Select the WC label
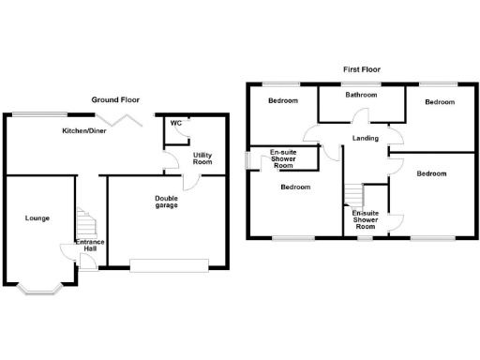(176, 123)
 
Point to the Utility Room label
(203, 157)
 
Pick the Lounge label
(37, 217)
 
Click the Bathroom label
(360, 95)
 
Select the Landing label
(366, 139)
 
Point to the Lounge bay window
(37, 289)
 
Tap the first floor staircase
(352, 195)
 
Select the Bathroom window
(360, 83)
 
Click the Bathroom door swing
(359, 116)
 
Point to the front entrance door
(87, 259)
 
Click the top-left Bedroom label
(283, 100)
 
